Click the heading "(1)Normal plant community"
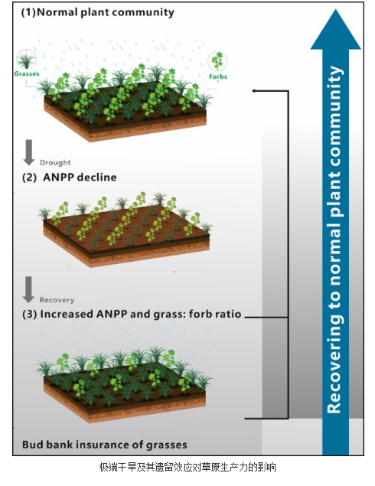point(98,12)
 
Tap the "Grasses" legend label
point(27,73)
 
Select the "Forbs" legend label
point(218,77)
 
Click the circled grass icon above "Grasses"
point(26,60)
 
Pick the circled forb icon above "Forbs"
point(217,61)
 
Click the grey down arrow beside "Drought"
point(29,152)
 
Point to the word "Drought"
point(55,162)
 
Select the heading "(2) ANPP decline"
point(70,178)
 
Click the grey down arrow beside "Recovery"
point(28,289)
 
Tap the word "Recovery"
point(57,300)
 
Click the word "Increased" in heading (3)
point(67,314)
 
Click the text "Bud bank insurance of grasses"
point(105,445)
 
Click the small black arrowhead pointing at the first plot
point(254,91)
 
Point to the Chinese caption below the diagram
point(187,467)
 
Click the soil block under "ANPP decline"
point(126,236)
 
